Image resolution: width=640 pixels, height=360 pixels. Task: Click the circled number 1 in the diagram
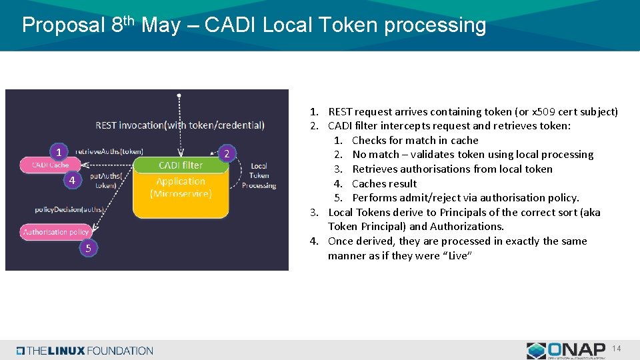[59, 151]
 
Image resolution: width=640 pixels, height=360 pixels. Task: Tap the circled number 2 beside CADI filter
[227, 154]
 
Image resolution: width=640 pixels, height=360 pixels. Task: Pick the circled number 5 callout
[87, 248]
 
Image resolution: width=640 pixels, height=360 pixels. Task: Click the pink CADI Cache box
[51, 165]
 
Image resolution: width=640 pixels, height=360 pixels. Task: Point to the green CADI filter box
[181, 165]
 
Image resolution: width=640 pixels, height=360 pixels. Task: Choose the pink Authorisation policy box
[56, 232]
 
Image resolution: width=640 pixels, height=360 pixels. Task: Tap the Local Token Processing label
[259, 175]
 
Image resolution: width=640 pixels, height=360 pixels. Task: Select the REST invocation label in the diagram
[180, 125]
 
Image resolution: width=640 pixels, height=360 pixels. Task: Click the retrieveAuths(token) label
[109, 151]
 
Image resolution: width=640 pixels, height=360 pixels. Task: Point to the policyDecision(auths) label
[70, 209]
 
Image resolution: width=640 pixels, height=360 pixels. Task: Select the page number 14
[617, 349]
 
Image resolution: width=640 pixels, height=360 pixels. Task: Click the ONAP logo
[566, 350]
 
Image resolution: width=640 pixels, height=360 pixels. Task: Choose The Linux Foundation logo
[85, 351]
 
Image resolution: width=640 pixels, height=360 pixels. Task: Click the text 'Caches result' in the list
[384, 183]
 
